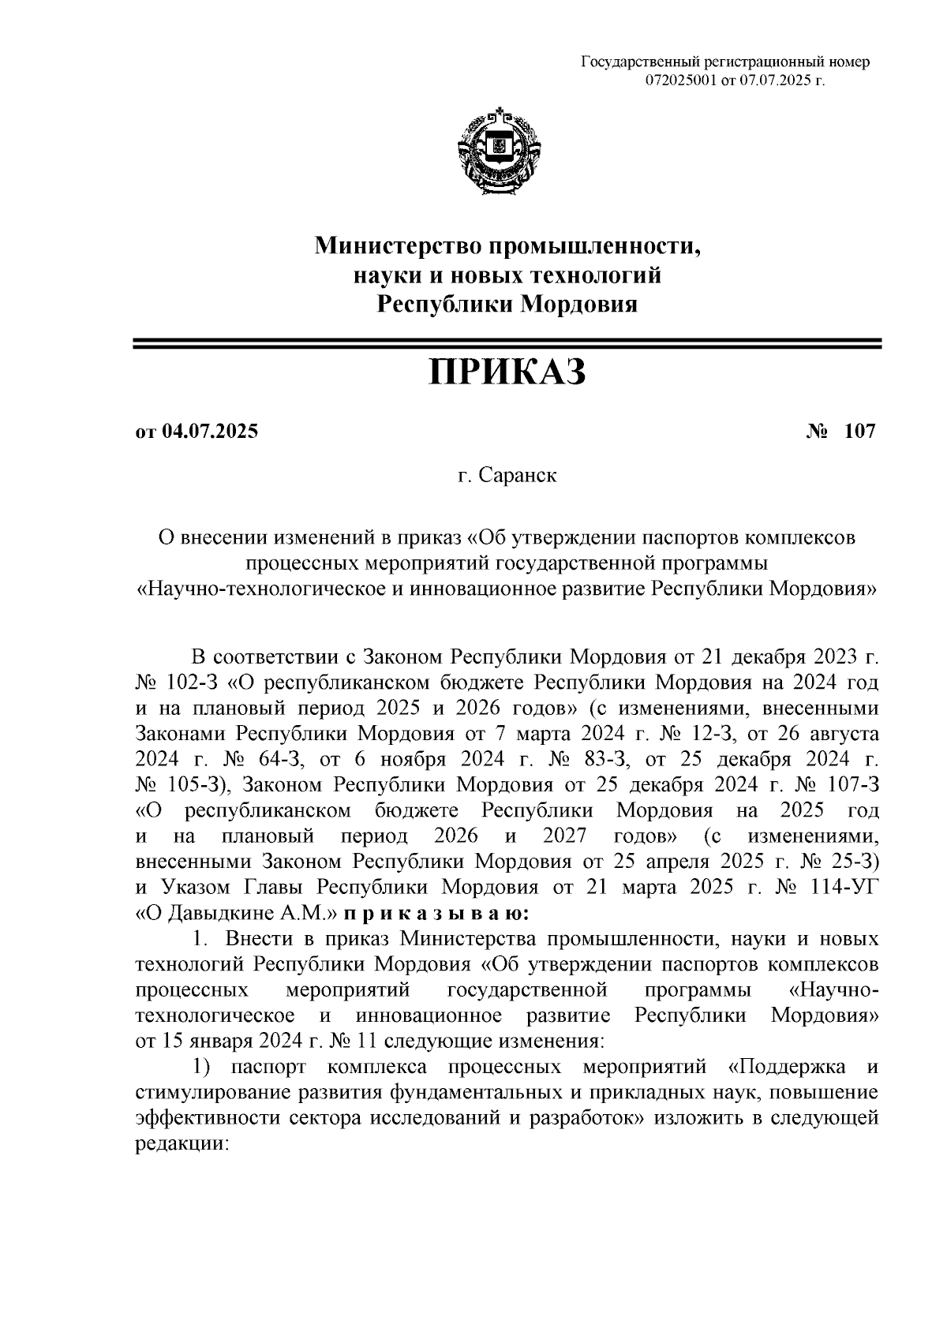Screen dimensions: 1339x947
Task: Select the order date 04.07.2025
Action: [210, 432]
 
